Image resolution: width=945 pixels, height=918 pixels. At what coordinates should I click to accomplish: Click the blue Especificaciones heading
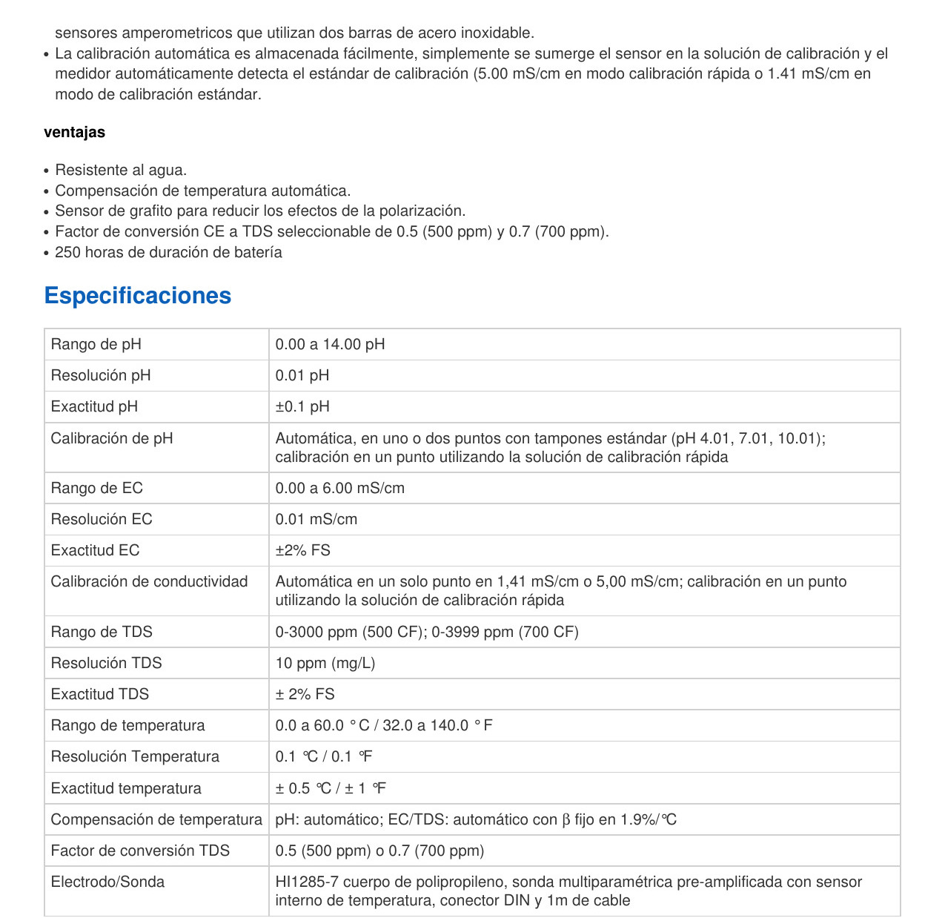click(137, 295)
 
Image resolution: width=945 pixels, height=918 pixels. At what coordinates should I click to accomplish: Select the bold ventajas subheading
click(74, 132)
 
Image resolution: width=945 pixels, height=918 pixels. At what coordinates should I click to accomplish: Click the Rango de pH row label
click(96, 344)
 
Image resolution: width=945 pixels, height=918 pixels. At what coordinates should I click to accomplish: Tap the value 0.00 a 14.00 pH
click(330, 344)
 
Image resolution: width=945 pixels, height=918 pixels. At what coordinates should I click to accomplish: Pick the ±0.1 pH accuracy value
click(302, 406)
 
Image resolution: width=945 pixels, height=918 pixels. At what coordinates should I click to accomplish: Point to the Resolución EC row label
click(101, 519)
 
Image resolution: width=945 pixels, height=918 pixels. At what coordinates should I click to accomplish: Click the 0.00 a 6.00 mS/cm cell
click(339, 488)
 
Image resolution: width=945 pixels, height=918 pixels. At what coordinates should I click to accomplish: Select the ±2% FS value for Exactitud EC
click(302, 550)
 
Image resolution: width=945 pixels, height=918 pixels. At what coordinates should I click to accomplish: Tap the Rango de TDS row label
click(101, 632)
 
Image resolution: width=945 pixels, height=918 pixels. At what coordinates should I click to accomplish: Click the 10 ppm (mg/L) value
click(325, 663)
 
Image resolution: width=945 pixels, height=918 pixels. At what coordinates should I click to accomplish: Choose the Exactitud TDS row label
click(99, 694)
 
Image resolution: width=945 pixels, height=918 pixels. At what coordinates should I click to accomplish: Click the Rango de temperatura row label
click(127, 725)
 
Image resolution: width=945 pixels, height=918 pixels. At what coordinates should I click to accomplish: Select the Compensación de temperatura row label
click(156, 819)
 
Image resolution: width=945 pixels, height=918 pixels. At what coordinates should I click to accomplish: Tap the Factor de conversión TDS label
click(140, 851)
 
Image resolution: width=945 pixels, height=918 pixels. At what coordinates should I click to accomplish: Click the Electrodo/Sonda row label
click(107, 882)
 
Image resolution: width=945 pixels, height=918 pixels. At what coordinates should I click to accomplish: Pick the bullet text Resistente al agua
click(121, 170)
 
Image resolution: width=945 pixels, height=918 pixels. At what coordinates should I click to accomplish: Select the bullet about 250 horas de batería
click(168, 252)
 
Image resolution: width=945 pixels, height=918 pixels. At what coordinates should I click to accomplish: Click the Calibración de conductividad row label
click(149, 581)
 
